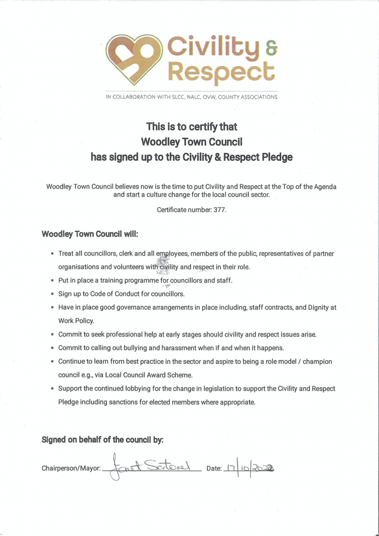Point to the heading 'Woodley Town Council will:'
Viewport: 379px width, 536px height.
pos(90,234)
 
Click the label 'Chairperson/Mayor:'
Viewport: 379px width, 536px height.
pos(71,468)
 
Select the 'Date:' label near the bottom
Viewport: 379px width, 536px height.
pos(214,468)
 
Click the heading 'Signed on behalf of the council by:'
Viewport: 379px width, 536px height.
pos(103,440)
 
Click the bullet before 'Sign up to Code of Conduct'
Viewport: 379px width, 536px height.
pos(52,294)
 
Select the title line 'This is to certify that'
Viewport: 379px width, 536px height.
pos(191,127)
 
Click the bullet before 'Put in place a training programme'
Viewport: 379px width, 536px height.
pos(52,281)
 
